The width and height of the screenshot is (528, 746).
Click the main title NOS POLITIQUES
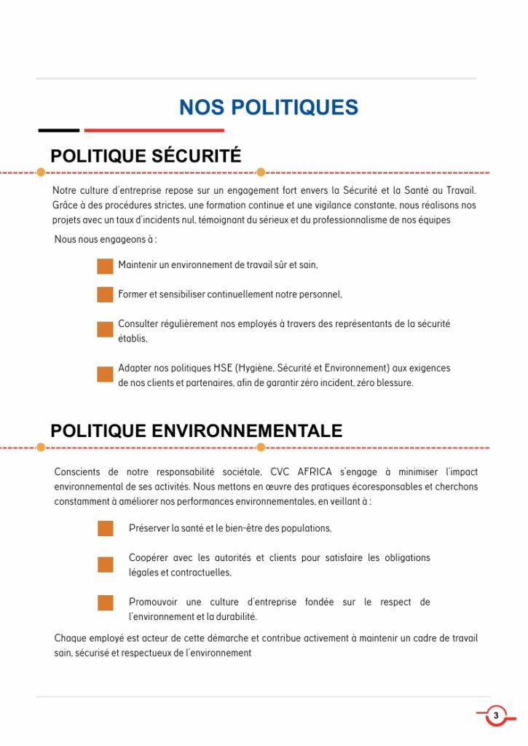click(x=269, y=108)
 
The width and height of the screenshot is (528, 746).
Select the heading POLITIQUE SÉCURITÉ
click(x=146, y=156)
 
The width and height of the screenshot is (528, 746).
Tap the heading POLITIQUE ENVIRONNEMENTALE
click(x=196, y=431)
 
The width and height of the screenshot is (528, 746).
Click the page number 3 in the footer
click(x=496, y=715)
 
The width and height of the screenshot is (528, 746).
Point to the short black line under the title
click(x=58, y=130)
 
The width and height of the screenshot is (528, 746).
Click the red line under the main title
click(x=154, y=130)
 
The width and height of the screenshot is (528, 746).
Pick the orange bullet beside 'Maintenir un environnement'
click(x=105, y=266)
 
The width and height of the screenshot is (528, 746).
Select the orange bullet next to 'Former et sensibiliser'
click(x=105, y=295)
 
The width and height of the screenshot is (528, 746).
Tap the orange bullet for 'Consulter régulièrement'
click(x=105, y=329)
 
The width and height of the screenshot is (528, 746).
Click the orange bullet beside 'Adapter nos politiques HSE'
click(x=105, y=374)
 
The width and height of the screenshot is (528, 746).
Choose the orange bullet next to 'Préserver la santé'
click(x=106, y=528)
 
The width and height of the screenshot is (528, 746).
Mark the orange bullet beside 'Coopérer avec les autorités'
click(x=106, y=565)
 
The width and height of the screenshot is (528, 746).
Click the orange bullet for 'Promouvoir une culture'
click(x=106, y=603)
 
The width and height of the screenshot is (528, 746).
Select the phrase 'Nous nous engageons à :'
click(x=106, y=240)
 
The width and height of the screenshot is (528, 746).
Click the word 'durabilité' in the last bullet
click(x=234, y=617)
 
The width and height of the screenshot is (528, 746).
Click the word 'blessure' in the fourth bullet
click(x=394, y=383)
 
